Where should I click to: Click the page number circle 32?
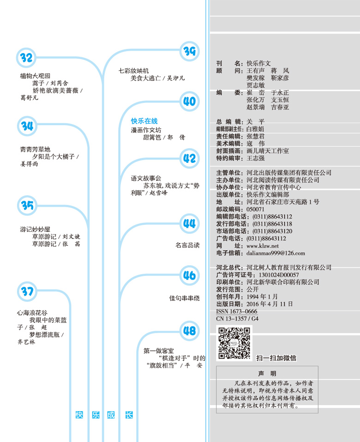[x=26, y=58]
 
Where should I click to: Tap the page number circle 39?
[x=189, y=51]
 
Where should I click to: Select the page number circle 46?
[x=189, y=275]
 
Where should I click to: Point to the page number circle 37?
[x=27, y=291]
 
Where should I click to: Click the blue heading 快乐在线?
[x=144, y=121]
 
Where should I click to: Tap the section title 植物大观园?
[x=35, y=76]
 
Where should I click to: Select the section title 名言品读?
[x=187, y=245]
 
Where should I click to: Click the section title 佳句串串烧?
[x=184, y=298]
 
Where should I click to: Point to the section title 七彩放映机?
[x=134, y=71]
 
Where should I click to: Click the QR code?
[x=234, y=343]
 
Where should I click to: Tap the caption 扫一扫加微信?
[x=276, y=358]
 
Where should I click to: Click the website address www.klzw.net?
[x=263, y=246]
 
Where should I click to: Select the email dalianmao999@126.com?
[x=276, y=253]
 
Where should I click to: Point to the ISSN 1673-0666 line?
[x=236, y=311]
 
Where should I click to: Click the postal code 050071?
[x=255, y=209]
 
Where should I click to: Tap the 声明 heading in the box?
[x=267, y=374]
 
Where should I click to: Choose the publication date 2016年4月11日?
[x=270, y=304]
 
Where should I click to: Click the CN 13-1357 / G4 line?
[x=237, y=319]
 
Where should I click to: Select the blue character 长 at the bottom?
[x=129, y=415]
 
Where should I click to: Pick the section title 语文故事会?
[x=146, y=178]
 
